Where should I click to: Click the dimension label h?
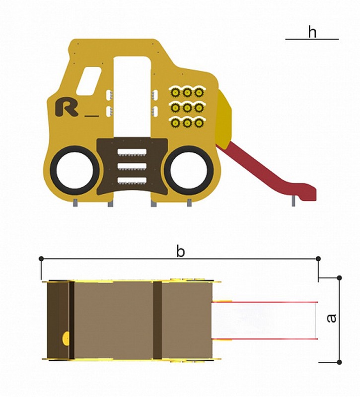coord(312,32)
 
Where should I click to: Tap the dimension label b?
coord(180,252)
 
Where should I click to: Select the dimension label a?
coord(331,318)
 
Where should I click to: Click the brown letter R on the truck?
coord(67,107)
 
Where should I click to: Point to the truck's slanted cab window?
coord(89,81)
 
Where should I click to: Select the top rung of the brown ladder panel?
coord(132,152)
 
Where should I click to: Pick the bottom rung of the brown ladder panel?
coord(132,181)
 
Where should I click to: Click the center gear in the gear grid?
coord(187,108)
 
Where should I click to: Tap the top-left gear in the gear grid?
coord(175,93)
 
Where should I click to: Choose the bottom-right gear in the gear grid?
coord(199,123)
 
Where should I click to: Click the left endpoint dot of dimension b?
coord(41,259)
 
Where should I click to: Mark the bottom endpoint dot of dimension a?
coord(340,362)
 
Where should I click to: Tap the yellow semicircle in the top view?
coord(66,338)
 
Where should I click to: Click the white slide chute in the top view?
coord(264,320)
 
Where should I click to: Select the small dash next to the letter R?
coord(92,116)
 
